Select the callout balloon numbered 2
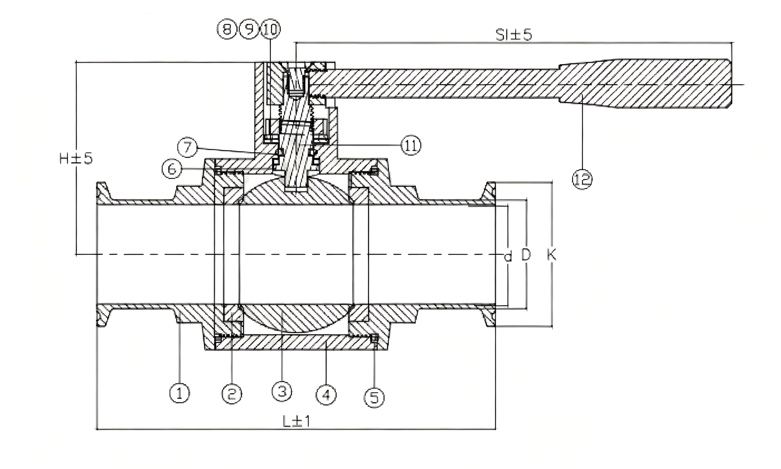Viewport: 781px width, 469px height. click(232, 394)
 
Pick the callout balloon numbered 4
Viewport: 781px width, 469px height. click(326, 395)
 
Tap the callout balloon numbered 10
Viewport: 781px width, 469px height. click(271, 30)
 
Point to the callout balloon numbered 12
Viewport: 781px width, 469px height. click(582, 180)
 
